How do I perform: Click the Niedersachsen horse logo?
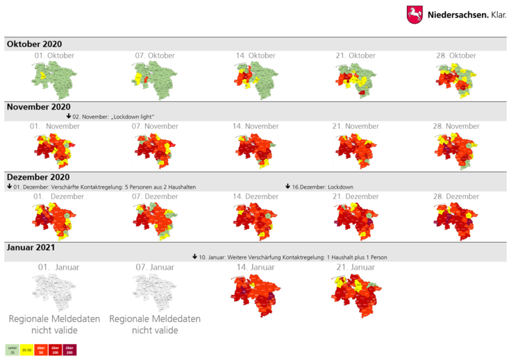[x=414, y=15]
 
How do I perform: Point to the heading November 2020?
[x=39, y=107]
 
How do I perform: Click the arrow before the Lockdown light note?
[x=69, y=116]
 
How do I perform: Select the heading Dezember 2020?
[x=38, y=178]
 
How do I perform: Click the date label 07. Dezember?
[x=155, y=197]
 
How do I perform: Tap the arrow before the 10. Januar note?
[x=194, y=257]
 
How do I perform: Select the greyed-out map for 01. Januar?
[x=53, y=291]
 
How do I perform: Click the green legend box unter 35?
[x=12, y=350]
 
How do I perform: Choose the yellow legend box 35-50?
[x=26, y=350]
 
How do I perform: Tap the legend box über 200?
[x=69, y=350]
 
